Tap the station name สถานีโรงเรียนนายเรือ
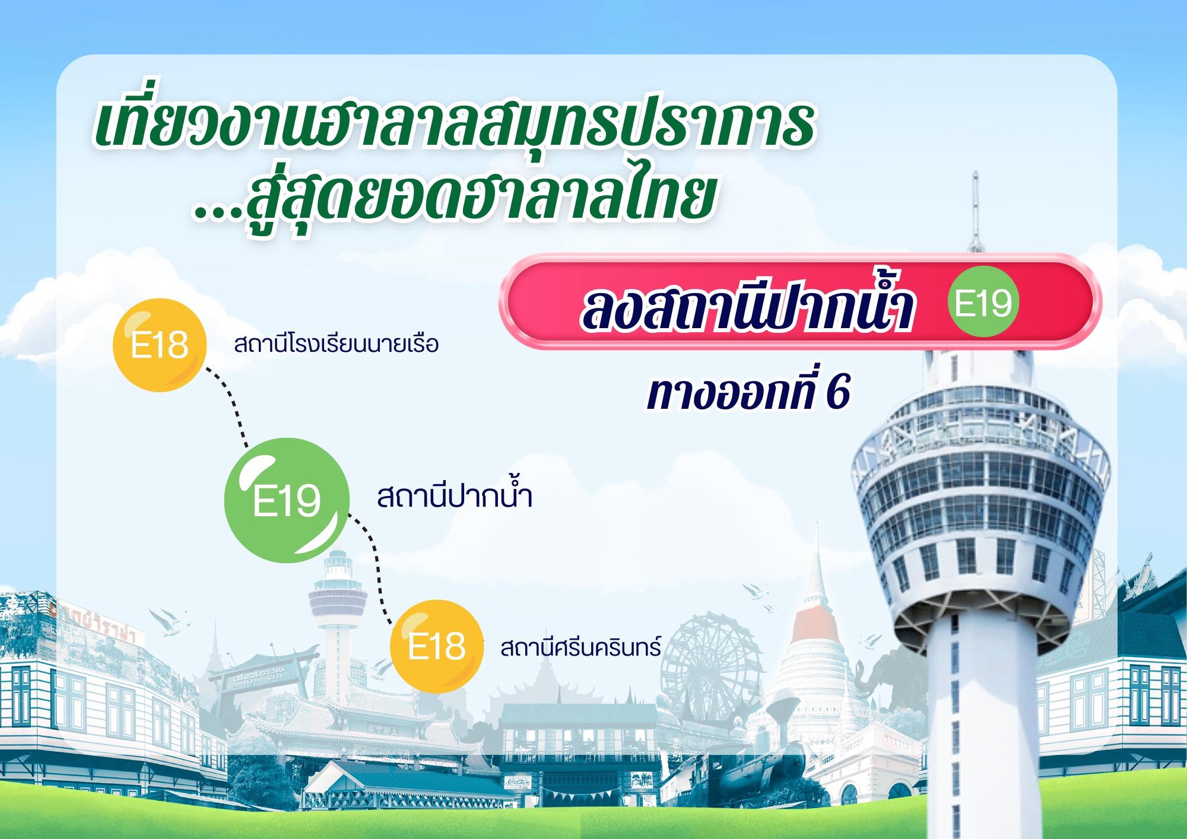point(337,344)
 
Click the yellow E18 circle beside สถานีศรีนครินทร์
point(436,646)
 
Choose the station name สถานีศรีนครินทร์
point(580,647)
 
